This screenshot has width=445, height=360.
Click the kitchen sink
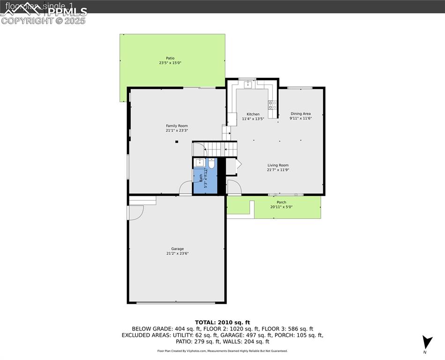[x=247, y=85]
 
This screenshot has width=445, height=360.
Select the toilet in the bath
[x=211, y=164]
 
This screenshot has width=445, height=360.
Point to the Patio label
[x=170, y=58]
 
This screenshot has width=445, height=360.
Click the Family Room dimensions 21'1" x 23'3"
[x=177, y=131]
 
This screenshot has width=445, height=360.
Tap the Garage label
[x=177, y=249]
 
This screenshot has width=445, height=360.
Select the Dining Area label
[x=300, y=113]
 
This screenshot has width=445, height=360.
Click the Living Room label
[x=278, y=165]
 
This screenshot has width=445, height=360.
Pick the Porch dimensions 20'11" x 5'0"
[x=281, y=207]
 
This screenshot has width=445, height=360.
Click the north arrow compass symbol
[x=426, y=343]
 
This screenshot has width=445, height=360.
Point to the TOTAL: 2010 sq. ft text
[x=222, y=322]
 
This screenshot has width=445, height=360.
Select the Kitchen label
[x=253, y=114]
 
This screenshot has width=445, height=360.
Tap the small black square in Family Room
[x=177, y=142]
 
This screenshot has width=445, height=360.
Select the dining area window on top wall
[x=300, y=88]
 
